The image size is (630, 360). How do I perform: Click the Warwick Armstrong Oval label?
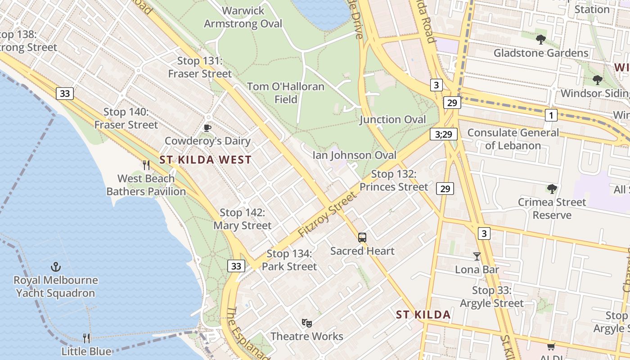pyautogui.click(x=243, y=17)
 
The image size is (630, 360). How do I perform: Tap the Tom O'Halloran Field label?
pyautogui.click(x=286, y=93)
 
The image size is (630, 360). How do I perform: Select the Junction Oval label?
pyautogui.click(x=392, y=120)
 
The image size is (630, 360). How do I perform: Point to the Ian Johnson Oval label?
pyautogui.click(x=355, y=156)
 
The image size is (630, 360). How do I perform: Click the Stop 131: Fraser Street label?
pyautogui.click(x=200, y=67)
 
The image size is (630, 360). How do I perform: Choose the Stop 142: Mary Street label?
pyautogui.click(x=243, y=219)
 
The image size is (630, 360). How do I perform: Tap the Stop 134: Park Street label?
pyautogui.click(x=289, y=260)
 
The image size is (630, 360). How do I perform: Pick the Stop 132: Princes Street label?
pyautogui.click(x=394, y=180)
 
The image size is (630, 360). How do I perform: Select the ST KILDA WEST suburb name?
pyautogui.click(x=205, y=160)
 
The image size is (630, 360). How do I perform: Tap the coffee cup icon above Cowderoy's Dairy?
pyautogui.click(x=207, y=128)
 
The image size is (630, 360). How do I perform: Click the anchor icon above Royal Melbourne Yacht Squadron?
pyautogui.click(x=56, y=267)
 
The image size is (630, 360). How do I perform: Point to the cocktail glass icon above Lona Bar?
pyautogui.click(x=477, y=256)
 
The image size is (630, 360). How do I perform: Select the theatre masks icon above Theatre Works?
pyautogui.click(x=307, y=323)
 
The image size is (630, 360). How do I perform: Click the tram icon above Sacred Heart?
pyautogui.click(x=362, y=238)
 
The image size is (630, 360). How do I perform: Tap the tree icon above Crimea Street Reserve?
pyautogui.click(x=552, y=189)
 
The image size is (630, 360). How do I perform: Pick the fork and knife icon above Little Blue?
pyautogui.click(x=86, y=338)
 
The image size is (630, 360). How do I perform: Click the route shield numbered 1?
pyautogui.click(x=551, y=115)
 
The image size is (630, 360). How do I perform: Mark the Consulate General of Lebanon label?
pyautogui.click(x=513, y=139)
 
